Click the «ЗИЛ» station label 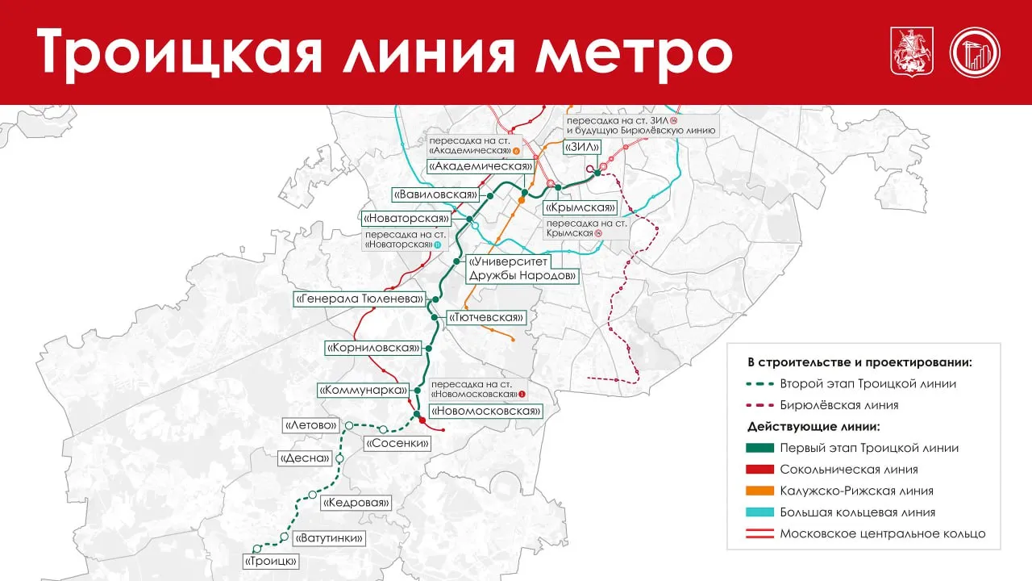pyautogui.click(x=584, y=147)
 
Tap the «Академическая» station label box pyautogui.click(x=481, y=166)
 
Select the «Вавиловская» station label pyautogui.click(x=435, y=194)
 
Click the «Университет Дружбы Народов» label pyautogui.click(x=522, y=269)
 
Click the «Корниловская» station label pyautogui.click(x=374, y=349)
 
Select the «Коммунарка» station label pyautogui.click(x=363, y=391)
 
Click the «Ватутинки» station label pyautogui.click(x=329, y=538)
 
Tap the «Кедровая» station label pyautogui.click(x=356, y=503)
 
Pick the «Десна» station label pyautogui.click(x=305, y=458)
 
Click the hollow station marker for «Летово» pyautogui.click(x=349, y=425)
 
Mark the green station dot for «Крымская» pyautogui.click(x=558, y=187)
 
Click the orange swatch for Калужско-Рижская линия pyautogui.click(x=759, y=491)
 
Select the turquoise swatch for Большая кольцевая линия pyautogui.click(x=759, y=512)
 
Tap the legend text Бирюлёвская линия pyautogui.click(x=838, y=405)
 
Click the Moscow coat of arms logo pyautogui.click(x=906, y=52)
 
